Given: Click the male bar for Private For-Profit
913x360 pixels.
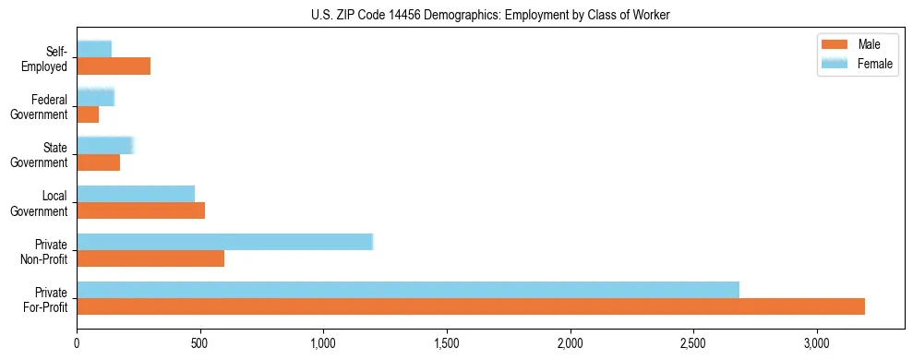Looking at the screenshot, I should [471, 306].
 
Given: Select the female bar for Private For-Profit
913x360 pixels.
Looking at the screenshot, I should [408, 290].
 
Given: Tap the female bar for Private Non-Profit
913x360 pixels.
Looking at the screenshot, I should [224, 242].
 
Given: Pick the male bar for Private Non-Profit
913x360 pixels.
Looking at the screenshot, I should [150, 258].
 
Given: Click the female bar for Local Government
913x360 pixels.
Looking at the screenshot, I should [136, 194].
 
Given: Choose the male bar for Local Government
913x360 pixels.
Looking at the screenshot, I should [140, 210].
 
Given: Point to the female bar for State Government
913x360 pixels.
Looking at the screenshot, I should [105, 145].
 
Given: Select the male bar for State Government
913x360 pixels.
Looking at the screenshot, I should [98, 162].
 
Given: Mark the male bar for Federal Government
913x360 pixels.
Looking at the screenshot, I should [88, 114].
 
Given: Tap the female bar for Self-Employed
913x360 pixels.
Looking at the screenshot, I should [94, 49].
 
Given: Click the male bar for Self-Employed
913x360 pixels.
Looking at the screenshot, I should [114, 66].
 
